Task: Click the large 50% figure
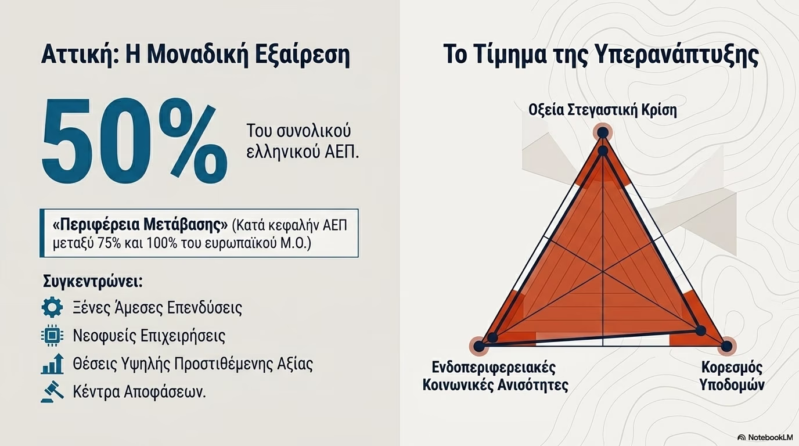134,142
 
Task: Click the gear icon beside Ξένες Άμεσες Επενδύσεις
52,307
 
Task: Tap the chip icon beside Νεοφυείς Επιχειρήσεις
52,336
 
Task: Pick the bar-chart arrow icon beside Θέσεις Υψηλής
52,364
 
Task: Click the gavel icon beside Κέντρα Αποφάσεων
52,392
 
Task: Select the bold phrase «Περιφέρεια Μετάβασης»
140,225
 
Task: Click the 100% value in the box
161,244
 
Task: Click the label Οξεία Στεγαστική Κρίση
603,110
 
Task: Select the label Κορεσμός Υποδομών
732,376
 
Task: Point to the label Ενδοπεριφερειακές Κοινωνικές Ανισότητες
495,376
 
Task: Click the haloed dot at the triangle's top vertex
603,133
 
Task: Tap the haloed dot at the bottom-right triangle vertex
726,346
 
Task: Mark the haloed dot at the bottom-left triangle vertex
479,346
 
